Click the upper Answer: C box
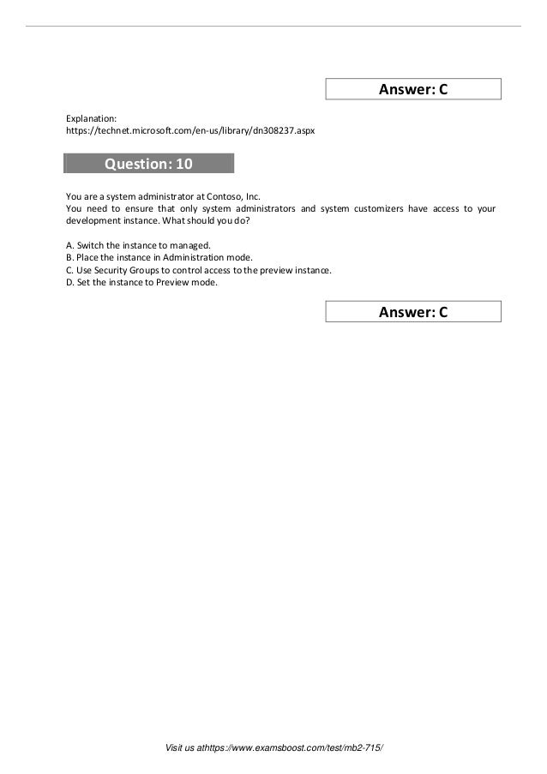pos(413,89)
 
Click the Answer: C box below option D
pos(413,312)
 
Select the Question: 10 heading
pos(148,164)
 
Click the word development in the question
pos(92,220)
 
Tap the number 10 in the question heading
pos(183,164)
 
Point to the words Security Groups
pos(127,269)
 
